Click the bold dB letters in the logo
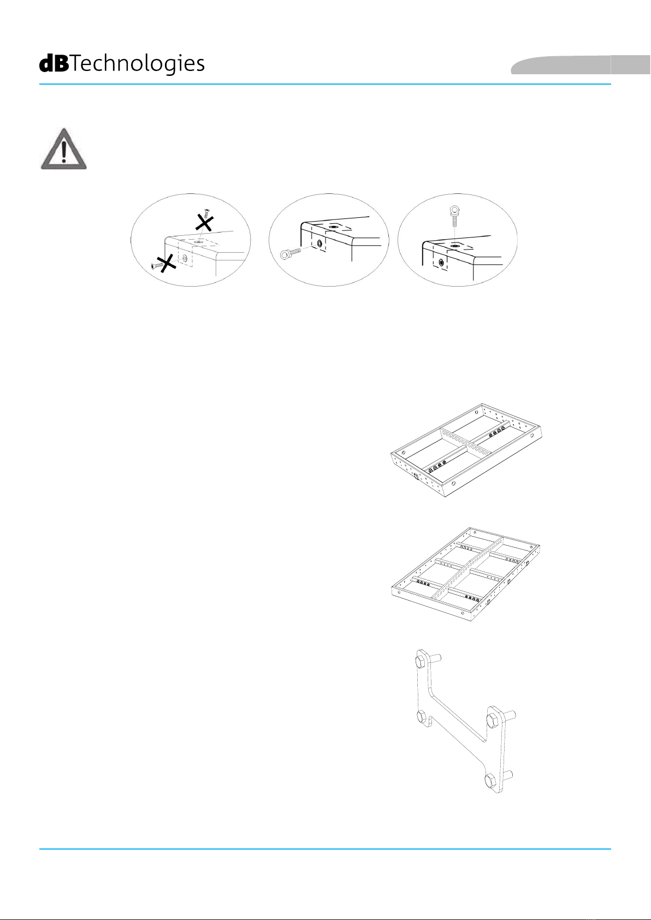[54, 64]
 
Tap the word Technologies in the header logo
[137, 64]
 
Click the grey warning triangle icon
[63, 149]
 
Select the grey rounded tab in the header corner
[581, 65]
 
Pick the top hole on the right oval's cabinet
[455, 246]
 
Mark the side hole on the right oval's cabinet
[441, 262]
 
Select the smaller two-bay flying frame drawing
[466, 450]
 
